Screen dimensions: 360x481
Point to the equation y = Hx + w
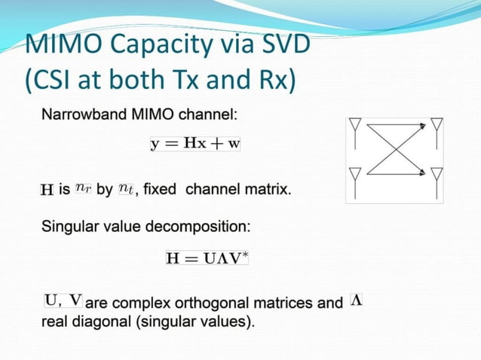tap(195, 144)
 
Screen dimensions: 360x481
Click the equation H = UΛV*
tap(207, 258)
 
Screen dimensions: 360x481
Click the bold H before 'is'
tap(47, 190)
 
